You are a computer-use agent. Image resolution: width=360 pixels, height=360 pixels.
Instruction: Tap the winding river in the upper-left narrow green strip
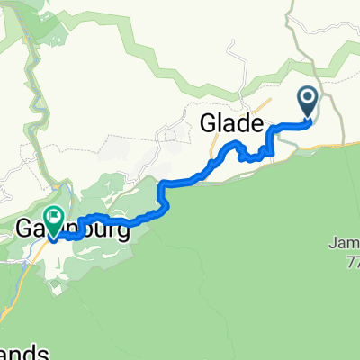point(37,90)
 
